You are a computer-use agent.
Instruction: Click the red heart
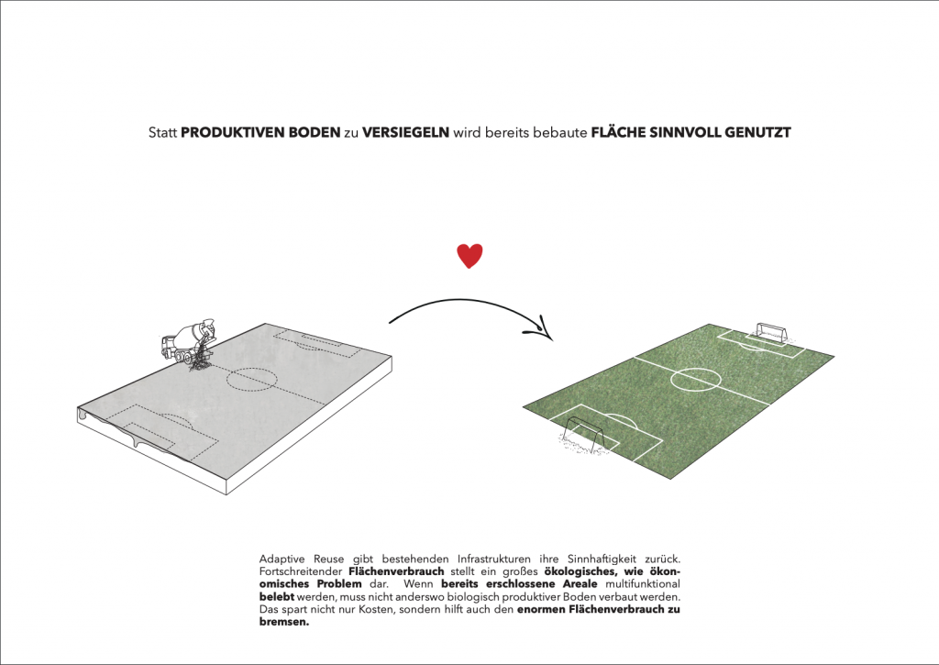[469, 256]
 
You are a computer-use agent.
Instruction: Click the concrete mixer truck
[187, 343]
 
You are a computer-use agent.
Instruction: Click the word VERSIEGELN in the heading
[405, 132]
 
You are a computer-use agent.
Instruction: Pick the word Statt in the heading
[163, 133]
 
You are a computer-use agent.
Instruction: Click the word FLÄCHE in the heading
[618, 132]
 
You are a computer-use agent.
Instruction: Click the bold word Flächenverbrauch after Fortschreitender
[396, 571]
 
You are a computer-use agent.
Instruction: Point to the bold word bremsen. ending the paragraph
[284, 622]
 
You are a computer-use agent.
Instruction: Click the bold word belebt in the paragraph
[277, 597]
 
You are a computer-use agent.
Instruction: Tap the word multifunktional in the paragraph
[643, 584]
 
